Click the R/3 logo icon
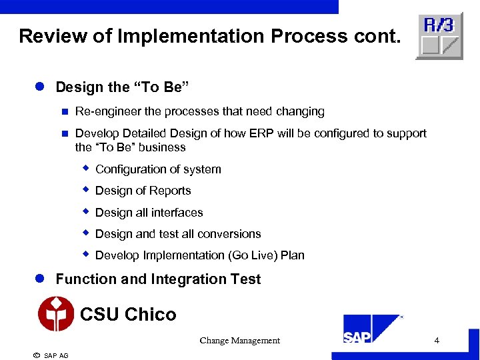point(439,36)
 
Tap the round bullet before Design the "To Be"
point(40,87)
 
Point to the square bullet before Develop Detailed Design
point(65,133)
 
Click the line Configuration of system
point(158,169)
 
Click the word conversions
point(233,234)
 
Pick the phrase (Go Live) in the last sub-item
point(254,255)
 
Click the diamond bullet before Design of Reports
point(85,190)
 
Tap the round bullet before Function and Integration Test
point(40,279)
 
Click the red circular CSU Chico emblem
point(56,314)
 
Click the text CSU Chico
point(128,314)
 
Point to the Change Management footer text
point(239,341)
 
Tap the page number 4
point(437,341)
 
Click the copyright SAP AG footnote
point(51,355)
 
